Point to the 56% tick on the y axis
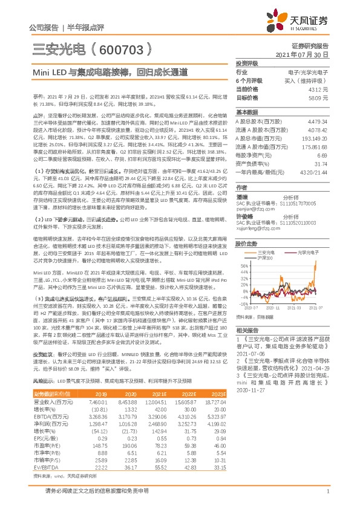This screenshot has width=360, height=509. [243, 265]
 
